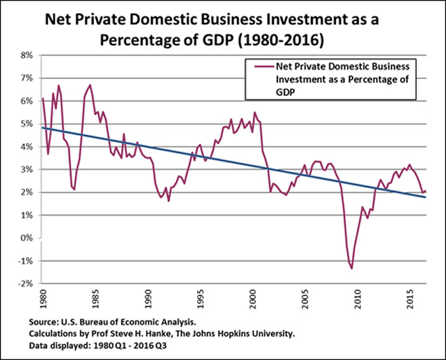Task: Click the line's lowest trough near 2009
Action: click(351, 268)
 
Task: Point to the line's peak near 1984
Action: click(90, 85)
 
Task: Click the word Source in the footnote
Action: click(43, 323)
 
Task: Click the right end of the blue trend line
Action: click(426, 197)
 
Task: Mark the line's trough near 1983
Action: click(74, 189)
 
